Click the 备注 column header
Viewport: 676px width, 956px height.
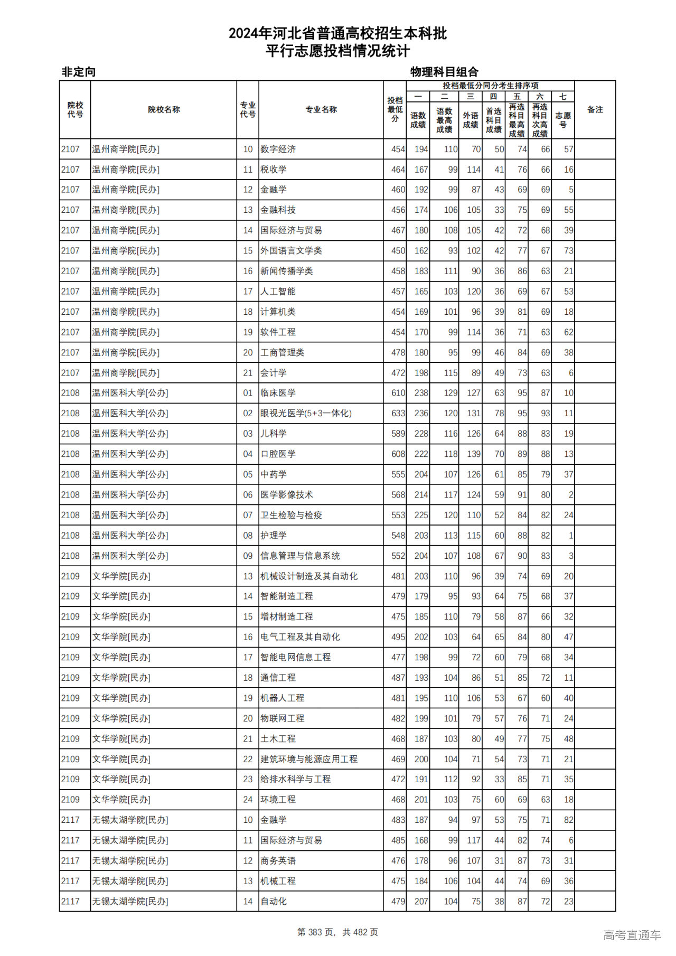[x=595, y=109]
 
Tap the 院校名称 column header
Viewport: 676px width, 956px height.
[x=164, y=109]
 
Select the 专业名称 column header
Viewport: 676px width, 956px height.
[x=321, y=109]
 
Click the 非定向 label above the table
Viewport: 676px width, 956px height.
[x=79, y=72]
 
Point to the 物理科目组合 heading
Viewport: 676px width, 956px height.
[x=444, y=72]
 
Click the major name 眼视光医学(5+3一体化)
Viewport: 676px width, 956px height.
[x=306, y=413]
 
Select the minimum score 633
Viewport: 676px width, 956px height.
[x=398, y=413]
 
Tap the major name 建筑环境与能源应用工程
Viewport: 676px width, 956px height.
[x=309, y=759]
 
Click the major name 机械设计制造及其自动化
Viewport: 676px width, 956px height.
[x=309, y=576]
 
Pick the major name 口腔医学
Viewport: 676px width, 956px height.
[x=278, y=454]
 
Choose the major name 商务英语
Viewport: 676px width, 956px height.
[x=278, y=860]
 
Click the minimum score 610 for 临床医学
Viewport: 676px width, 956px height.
[x=398, y=393]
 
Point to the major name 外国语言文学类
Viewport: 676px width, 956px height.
[x=291, y=250]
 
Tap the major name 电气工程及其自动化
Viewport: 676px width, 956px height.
[x=300, y=637]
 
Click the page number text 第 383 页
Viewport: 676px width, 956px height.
[x=317, y=932]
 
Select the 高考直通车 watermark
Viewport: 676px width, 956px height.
[x=632, y=935]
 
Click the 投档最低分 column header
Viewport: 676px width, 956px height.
[x=395, y=109]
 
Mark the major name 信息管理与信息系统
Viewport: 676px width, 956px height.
[x=300, y=556]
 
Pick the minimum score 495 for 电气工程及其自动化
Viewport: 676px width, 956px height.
[x=398, y=637]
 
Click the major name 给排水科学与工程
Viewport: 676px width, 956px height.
[x=296, y=779]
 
